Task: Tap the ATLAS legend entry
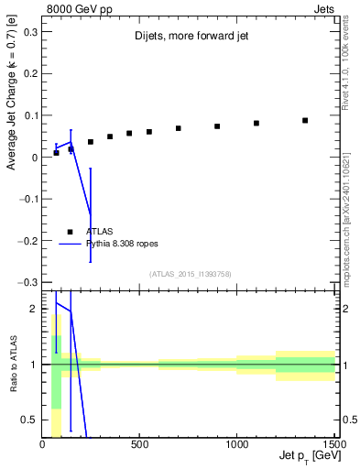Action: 99,232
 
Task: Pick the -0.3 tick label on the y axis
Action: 27,282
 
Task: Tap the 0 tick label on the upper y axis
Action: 35,158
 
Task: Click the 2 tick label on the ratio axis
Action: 35,309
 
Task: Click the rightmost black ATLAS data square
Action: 305,120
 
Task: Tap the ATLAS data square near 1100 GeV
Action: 256,123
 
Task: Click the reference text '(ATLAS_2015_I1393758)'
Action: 189,273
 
